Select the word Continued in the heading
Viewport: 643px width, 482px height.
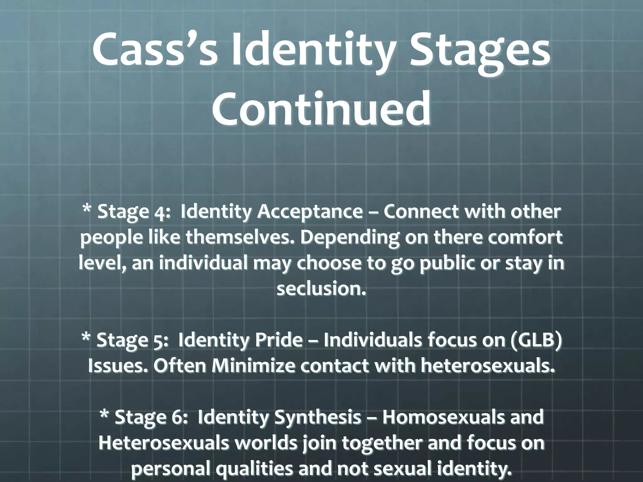pyautogui.click(x=321, y=108)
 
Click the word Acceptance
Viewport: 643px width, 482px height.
pyautogui.click(x=310, y=212)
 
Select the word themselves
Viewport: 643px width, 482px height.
pyautogui.click(x=240, y=238)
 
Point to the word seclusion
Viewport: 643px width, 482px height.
pyautogui.click(x=321, y=289)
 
